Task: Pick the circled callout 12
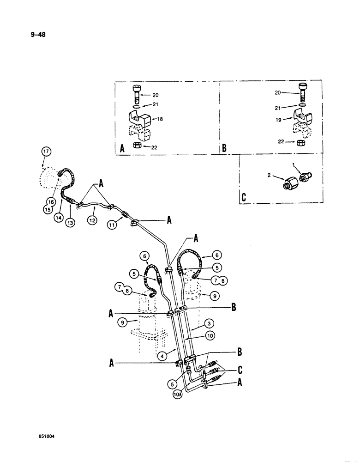click(x=92, y=221)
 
